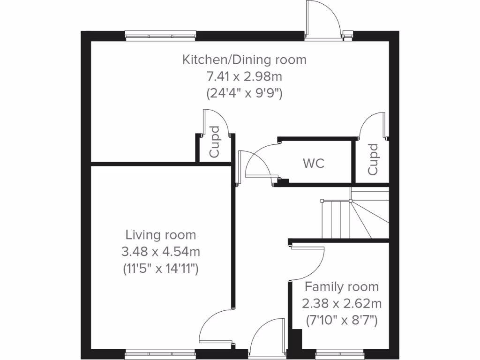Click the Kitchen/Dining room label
tap(244, 60)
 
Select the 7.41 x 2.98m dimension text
tap(244, 76)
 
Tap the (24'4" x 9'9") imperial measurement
tap(244, 93)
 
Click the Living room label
tap(161, 235)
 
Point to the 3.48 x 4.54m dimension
tap(161, 252)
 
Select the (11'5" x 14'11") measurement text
tap(161, 269)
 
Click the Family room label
tap(342, 287)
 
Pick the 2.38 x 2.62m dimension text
tap(342, 304)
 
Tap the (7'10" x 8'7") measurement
tap(342, 321)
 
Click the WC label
tap(314, 164)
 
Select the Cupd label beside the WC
tap(373, 159)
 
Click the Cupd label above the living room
tap(214, 142)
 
